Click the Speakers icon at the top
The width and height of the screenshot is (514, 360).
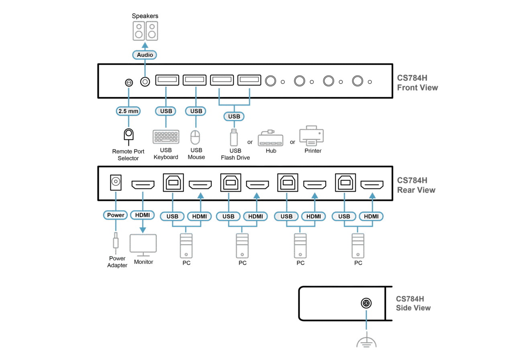pos(145,31)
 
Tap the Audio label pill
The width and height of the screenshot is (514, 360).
pos(145,55)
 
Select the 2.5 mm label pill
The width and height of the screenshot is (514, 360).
pos(128,111)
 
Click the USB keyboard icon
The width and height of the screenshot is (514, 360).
pos(166,137)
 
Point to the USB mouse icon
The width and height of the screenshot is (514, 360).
pos(195,137)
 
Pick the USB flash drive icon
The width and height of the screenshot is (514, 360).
pos(234,137)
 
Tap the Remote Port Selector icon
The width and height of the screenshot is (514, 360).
pos(128,135)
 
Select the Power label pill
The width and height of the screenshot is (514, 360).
pos(116,215)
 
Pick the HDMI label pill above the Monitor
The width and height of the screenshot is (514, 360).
pos(143,215)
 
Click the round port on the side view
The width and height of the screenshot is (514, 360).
pos(366,303)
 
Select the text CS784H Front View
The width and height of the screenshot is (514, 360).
pos(417,83)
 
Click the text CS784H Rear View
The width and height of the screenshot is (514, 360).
pos(416,185)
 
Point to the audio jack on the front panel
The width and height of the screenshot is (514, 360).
pos(145,82)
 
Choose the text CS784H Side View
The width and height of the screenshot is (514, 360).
pos(413,303)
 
